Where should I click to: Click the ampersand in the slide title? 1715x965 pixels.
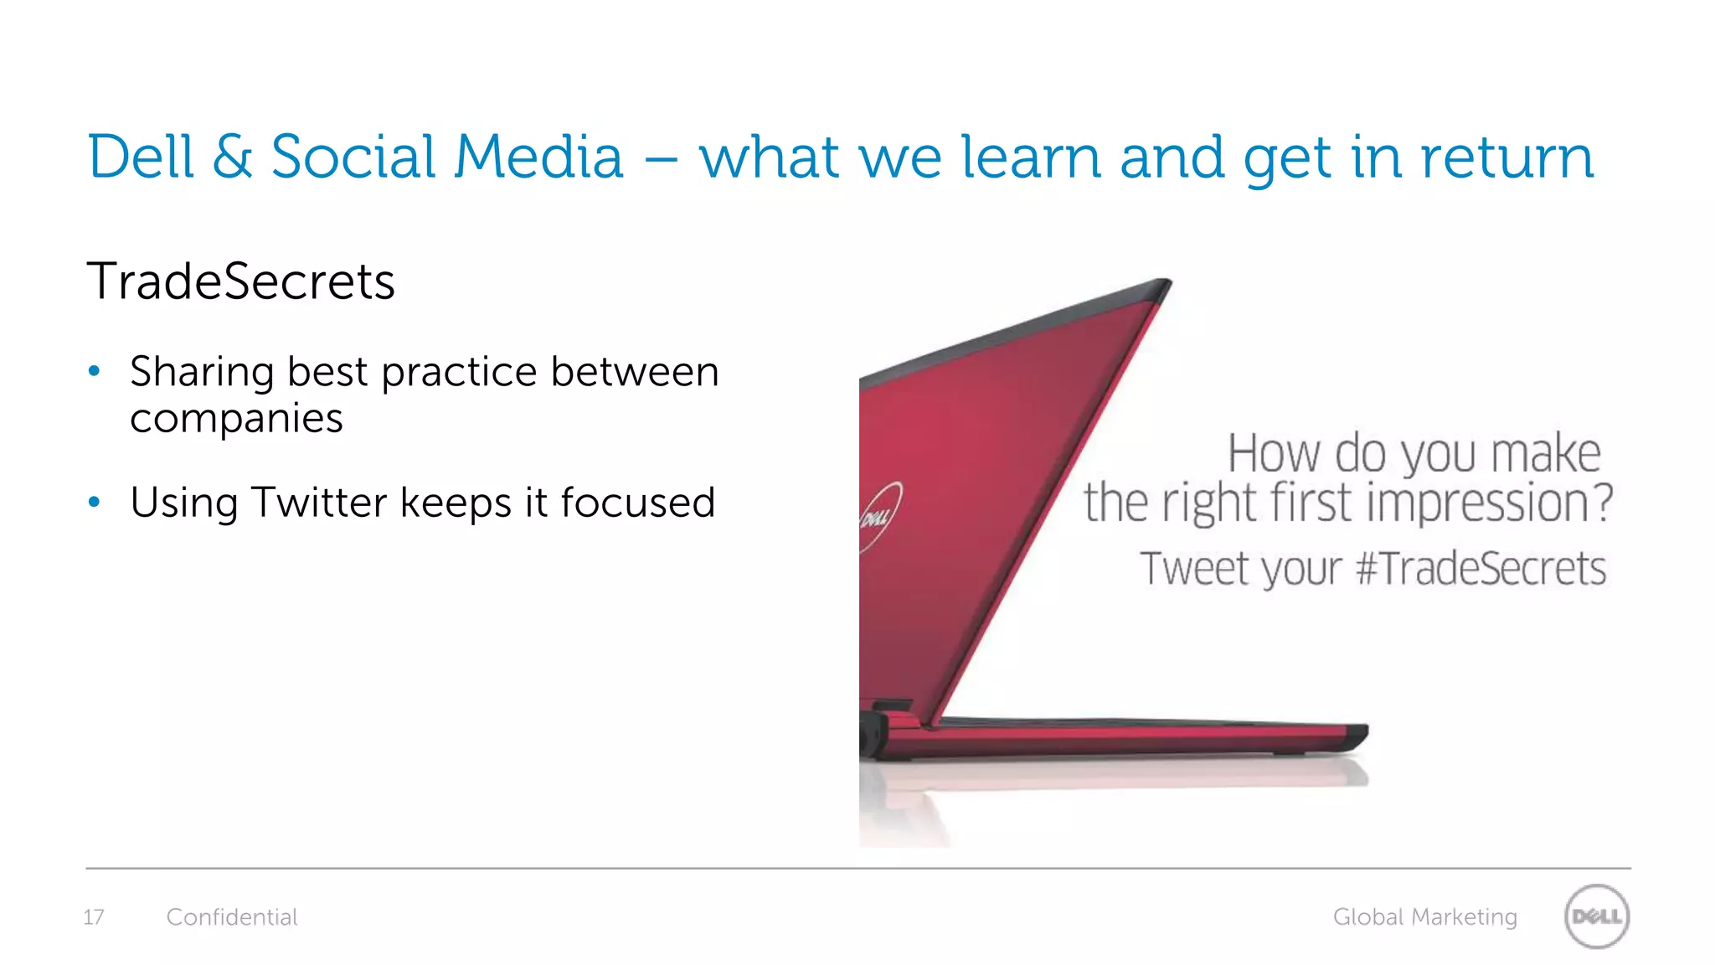(232, 157)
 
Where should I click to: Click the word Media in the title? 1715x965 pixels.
(538, 157)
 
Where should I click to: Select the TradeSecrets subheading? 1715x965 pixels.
(240, 281)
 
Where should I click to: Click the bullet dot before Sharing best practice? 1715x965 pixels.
(95, 371)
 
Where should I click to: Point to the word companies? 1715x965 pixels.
(236, 418)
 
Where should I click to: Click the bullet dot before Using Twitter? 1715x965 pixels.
(95, 502)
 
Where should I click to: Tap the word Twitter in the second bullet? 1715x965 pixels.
(321, 502)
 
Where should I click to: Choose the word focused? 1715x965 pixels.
(637, 502)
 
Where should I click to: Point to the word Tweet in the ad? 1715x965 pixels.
(1196, 569)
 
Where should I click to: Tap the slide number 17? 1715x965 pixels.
(94, 917)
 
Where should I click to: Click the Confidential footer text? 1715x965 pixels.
(232, 917)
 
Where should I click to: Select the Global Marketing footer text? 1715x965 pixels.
(1424, 917)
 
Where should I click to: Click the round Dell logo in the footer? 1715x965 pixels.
(1596, 916)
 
